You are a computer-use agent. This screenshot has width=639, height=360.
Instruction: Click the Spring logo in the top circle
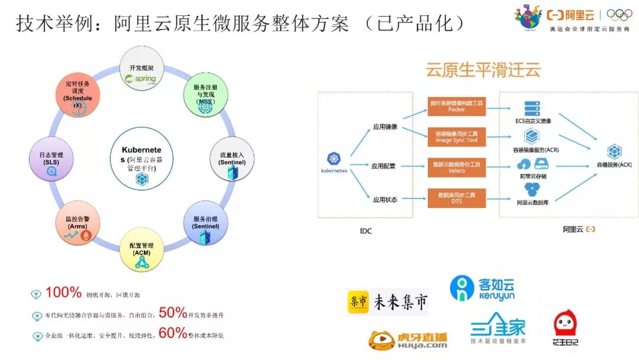pyautogui.click(x=141, y=79)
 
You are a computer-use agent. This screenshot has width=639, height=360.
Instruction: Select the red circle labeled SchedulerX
pyautogui.click(x=78, y=96)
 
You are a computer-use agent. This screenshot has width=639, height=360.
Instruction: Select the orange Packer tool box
pyautogui.click(x=456, y=107)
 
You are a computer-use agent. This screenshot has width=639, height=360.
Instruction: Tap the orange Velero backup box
pyautogui.click(x=456, y=167)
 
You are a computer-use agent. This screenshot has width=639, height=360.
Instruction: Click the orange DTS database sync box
pyautogui.click(x=456, y=198)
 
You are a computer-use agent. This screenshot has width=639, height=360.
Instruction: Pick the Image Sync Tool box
pyautogui.click(x=456, y=137)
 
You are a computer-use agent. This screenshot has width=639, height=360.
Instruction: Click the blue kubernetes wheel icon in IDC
pyautogui.click(x=334, y=159)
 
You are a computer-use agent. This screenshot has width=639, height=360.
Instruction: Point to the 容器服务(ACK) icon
pyautogui.click(x=614, y=152)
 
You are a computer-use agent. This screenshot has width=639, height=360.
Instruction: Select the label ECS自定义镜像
pyautogui.click(x=532, y=121)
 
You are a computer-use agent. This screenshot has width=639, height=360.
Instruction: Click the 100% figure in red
pyautogui.click(x=63, y=292)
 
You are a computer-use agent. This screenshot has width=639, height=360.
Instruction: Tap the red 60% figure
pyautogui.click(x=173, y=333)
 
